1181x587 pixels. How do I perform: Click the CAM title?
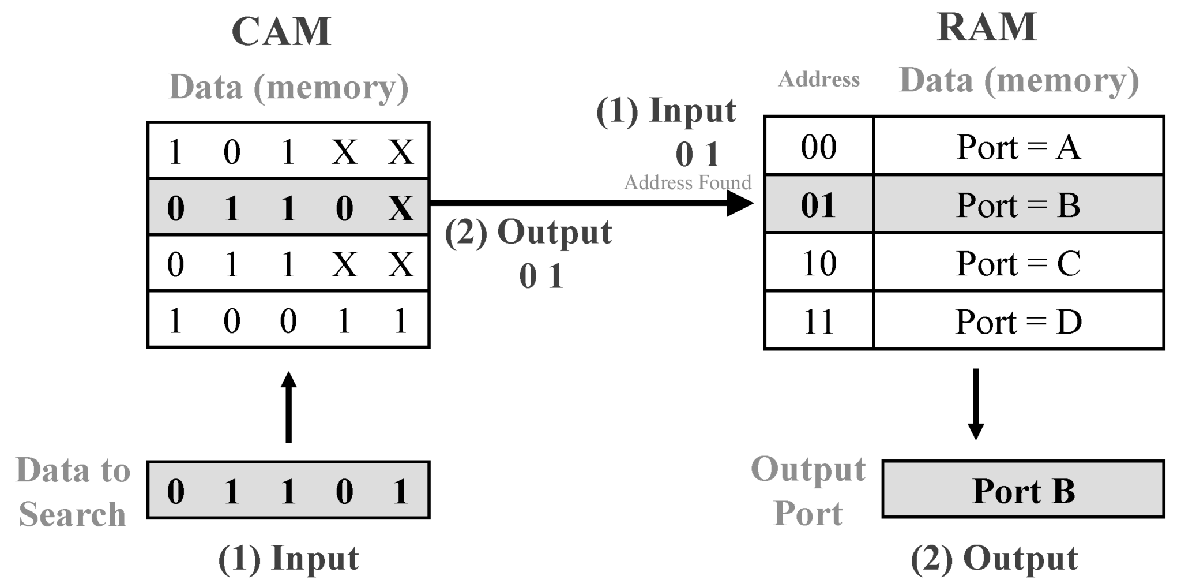click(x=281, y=32)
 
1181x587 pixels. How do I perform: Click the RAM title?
click(x=987, y=27)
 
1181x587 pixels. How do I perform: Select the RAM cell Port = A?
click(x=1018, y=147)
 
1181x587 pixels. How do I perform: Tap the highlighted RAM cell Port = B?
click(x=1018, y=205)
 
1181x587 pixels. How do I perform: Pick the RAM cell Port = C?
click(x=1018, y=263)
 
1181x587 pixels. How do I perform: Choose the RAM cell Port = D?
click(x=1018, y=321)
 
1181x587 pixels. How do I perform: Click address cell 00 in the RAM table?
click(x=818, y=147)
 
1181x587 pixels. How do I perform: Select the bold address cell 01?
click(x=818, y=205)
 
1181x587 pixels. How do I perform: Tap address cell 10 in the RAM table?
click(x=818, y=263)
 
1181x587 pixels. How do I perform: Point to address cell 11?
click(x=818, y=321)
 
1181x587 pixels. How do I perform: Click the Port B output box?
click(x=1023, y=490)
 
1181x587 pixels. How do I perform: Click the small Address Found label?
click(x=687, y=182)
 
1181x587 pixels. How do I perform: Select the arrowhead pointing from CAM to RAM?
click(x=740, y=203)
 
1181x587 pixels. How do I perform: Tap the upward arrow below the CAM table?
click(x=288, y=407)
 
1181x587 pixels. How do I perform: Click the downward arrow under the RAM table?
click(x=976, y=404)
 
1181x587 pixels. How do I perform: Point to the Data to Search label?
click(x=73, y=492)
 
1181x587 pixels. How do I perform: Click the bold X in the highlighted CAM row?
click(x=401, y=208)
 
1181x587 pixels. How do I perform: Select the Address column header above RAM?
click(x=818, y=79)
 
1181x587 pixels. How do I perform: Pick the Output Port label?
click(x=808, y=491)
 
